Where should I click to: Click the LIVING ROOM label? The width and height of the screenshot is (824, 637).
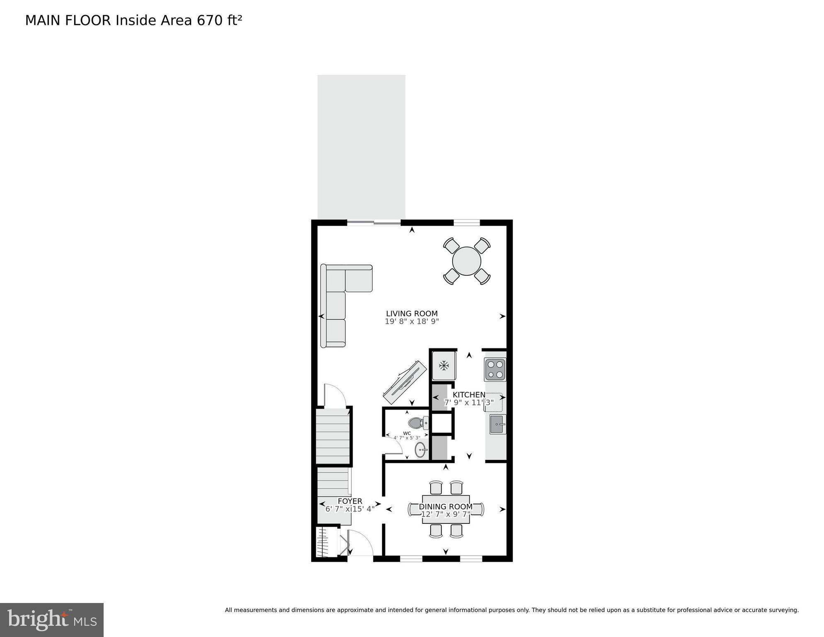point(412,314)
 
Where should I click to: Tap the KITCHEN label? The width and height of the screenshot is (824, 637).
point(469,395)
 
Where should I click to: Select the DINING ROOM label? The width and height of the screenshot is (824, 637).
point(446,507)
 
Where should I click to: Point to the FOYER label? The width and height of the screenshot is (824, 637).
point(350,501)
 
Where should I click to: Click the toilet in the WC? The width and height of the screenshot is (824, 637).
point(417,423)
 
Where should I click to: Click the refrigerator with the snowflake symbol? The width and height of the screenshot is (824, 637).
point(444,366)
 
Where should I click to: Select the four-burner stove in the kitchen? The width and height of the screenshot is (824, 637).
point(495,370)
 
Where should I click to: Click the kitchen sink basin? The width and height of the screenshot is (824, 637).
point(497,424)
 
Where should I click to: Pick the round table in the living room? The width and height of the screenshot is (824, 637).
point(467,261)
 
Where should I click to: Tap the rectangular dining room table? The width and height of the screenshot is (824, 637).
point(446,509)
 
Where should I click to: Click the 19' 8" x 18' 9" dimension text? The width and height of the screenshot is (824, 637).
point(412,321)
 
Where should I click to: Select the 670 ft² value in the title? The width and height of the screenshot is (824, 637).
point(219,21)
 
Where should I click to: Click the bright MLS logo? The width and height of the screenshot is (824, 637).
point(52,620)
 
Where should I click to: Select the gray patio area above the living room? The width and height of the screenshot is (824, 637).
point(361,147)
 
